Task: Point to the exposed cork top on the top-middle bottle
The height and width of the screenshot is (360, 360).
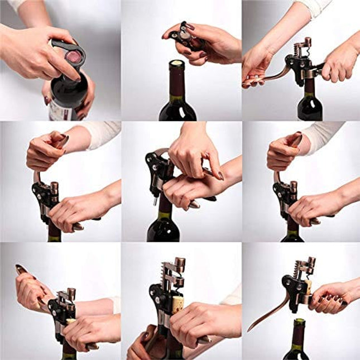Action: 177,64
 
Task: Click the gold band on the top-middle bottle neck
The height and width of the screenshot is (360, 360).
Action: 177,100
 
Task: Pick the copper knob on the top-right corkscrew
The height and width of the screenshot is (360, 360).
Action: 307,42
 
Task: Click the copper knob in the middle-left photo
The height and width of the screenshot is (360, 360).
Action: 55,186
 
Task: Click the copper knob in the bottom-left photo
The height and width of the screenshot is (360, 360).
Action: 71,292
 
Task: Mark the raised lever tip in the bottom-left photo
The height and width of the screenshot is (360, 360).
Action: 21,269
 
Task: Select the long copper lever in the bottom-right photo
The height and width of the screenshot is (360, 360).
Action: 268,315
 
